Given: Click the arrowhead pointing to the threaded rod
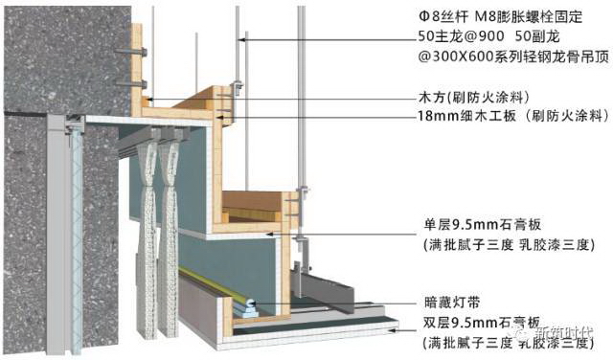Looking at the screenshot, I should click(242, 38).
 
